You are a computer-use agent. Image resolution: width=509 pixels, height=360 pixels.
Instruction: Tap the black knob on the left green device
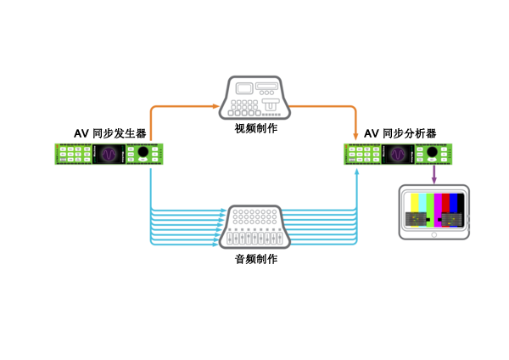click(x=143, y=154)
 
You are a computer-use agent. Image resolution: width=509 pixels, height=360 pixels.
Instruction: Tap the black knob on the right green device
click(x=433, y=154)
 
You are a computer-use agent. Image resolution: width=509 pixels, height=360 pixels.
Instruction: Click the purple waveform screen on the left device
click(x=109, y=154)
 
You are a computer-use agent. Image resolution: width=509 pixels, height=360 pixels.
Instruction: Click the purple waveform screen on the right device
click(x=398, y=154)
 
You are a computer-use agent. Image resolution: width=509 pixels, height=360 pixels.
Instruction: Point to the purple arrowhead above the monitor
click(x=434, y=179)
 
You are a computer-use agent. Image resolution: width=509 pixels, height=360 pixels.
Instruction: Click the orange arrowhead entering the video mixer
click(x=218, y=106)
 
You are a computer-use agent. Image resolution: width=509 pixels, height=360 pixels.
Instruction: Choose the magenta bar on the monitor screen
click(x=438, y=204)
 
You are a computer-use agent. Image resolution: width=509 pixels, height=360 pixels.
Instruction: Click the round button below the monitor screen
click(x=433, y=235)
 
